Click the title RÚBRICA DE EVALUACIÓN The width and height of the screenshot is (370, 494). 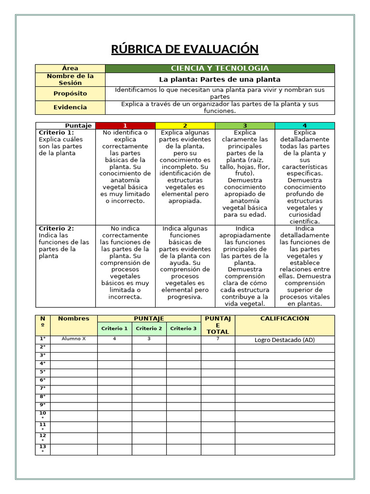185,49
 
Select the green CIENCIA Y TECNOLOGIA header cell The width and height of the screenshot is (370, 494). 220,69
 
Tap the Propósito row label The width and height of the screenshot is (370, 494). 70,93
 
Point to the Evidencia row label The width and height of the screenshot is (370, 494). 70,107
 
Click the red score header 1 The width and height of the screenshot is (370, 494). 125,125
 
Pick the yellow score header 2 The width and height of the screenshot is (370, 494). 185,125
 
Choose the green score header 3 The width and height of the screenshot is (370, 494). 245,125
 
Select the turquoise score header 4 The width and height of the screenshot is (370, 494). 304,125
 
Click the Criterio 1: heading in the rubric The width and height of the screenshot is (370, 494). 56,132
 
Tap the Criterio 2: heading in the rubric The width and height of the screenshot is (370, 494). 56,228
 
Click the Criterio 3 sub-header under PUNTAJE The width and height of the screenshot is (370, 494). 184,329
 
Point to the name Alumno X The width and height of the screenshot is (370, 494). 74,339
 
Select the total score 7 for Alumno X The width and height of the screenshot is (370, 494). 218,339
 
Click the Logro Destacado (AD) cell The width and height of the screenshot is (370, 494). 285,340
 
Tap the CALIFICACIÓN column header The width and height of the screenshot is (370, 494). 285,318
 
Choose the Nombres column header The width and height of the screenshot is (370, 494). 74,318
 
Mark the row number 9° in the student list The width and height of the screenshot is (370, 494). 43,405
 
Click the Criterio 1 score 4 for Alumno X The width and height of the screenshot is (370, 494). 115,339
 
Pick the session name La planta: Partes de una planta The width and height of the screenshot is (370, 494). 220,79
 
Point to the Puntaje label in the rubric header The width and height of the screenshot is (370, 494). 79,125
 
